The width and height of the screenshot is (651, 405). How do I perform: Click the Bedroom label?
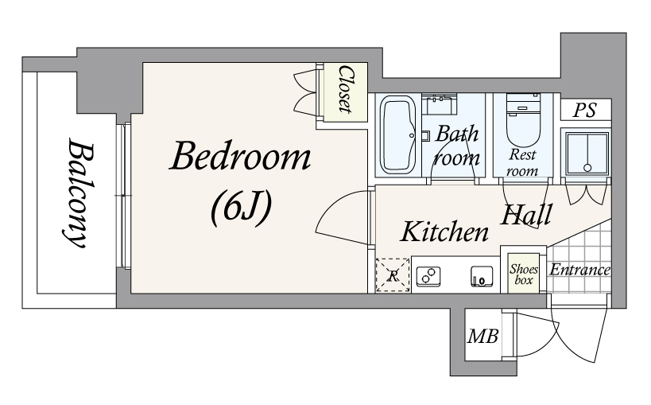[x=240, y=156]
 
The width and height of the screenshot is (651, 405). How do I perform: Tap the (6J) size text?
[x=241, y=207]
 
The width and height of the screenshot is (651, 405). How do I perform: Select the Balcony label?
[x=79, y=193]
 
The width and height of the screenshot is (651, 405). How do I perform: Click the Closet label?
[x=346, y=89]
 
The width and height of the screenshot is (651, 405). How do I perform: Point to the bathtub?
[x=397, y=134]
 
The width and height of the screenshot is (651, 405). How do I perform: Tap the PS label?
[x=584, y=110]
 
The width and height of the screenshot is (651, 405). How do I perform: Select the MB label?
[x=482, y=336]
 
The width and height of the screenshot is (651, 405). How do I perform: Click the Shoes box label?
[x=524, y=274]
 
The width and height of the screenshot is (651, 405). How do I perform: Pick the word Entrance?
[x=580, y=270]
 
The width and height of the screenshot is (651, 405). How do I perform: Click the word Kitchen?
[x=444, y=232]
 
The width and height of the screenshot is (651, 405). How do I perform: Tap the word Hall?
[x=526, y=215]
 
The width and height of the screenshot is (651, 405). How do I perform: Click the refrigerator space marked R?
[x=393, y=275]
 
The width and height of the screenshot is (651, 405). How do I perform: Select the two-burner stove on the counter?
[x=428, y=276]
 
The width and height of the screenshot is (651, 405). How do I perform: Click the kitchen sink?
[x=482, y=277]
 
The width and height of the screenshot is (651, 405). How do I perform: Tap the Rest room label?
[x=522, y=162]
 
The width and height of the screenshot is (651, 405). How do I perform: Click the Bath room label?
[x=457, y=146]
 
